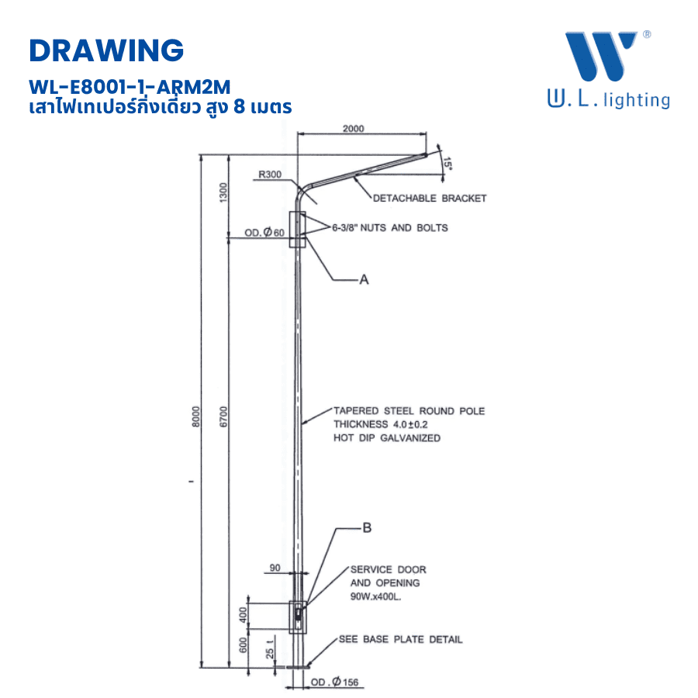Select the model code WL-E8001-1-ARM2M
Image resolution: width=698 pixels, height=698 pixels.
click(x=129, y=85)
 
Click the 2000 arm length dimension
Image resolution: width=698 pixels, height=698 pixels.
click(x=353, y=129)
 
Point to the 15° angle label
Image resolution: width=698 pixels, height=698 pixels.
click(x=447, y=164)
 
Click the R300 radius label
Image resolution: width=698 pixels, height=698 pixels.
click(x=270, y=174)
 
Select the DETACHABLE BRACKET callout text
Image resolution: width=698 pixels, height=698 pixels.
click(x=430, y=199)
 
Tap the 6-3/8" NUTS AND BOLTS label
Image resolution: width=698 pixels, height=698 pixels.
click(x=389, y=228)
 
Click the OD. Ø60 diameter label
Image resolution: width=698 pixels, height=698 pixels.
click(x=265, y=233)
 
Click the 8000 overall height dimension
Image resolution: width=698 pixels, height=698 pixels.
click(x=196, y=416)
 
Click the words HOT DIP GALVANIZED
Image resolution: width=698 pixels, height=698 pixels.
click(x=386, y=438)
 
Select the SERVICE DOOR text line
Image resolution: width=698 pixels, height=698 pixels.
click(x=388, y=569)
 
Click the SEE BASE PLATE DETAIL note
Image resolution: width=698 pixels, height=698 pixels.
click(x=400, y=640)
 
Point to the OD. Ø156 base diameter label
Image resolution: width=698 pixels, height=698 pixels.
click(x=337, y=683)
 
